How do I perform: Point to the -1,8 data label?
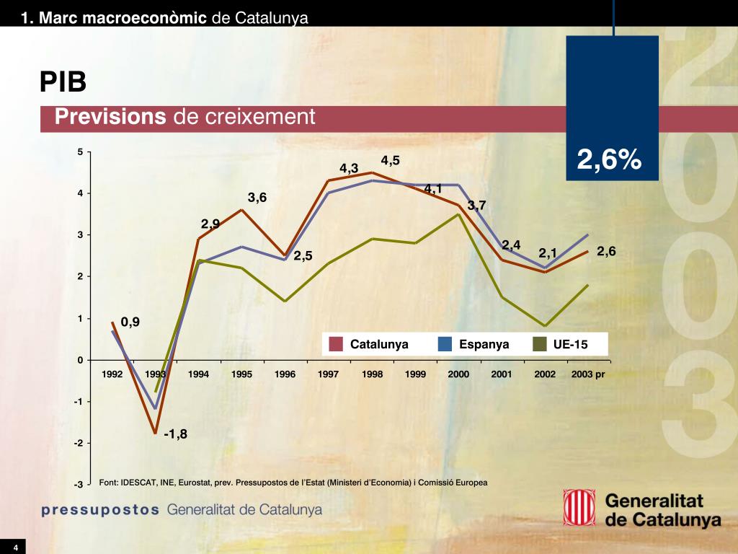(x=175, y=434)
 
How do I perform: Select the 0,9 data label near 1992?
(x=130, y=322)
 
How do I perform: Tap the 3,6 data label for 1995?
(x=257, y=197)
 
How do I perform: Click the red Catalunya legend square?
(x=335, y=345)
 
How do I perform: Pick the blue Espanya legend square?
(x=445, y=345)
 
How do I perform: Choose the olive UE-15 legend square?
(x=539, y=345)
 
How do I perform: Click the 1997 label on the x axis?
(x=329, y=374)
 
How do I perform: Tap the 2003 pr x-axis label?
(x=588, y=374)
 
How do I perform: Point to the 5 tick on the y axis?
(x=81, y=151)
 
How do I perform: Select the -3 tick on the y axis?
(x=80, y=484)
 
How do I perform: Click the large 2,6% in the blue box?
(x=609, y=160)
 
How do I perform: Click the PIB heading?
(x=63, y=82)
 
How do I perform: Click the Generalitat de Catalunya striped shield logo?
(x=578, y=509)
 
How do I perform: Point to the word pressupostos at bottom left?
(x=100, y=509)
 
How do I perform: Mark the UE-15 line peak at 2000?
(x=458, y=214)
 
